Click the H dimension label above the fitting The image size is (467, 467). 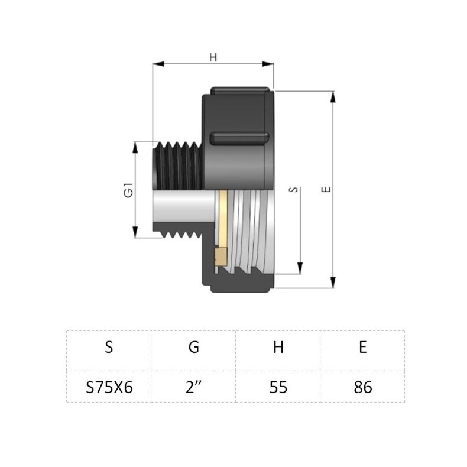[214, 57]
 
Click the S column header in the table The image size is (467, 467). [109, 348]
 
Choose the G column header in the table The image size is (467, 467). [193, 348]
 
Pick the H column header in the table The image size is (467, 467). [278, 348]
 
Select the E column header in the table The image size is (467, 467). [362, 348]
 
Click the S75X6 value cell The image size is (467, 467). [109, 387]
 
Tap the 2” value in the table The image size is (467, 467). [193, 387]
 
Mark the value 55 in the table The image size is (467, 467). [278, 387]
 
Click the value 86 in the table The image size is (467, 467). [362, 387]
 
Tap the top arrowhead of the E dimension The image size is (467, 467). [333, 96]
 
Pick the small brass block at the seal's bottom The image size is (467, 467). [220, 255]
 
